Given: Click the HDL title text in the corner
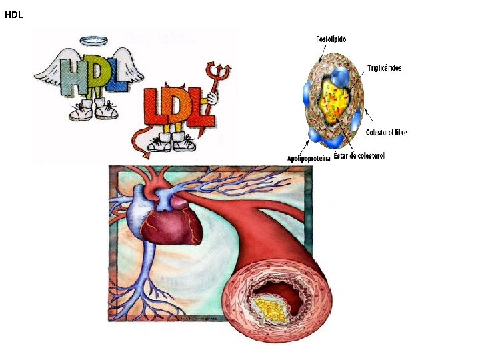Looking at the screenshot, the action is coord(14,14).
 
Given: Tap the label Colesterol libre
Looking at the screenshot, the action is coord(387,133).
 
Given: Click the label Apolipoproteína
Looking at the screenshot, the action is coord(309,158).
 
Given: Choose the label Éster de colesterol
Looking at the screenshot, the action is coord(359,156).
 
